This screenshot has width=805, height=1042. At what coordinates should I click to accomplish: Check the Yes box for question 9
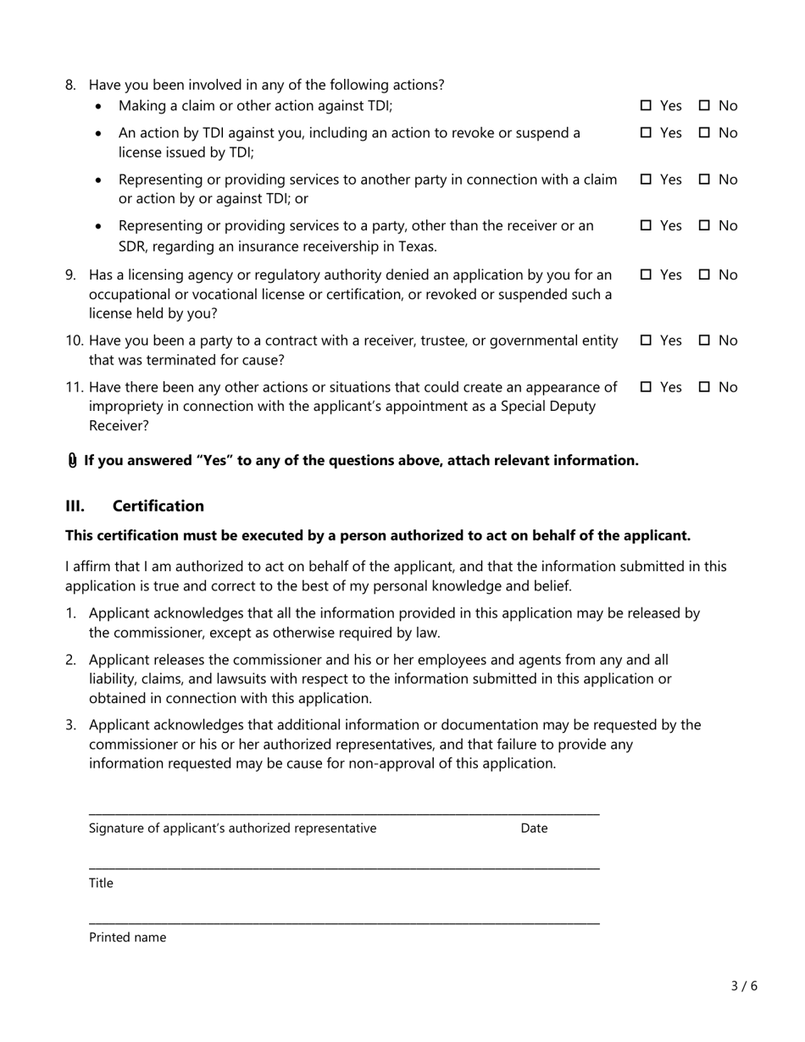[x=646, y=274]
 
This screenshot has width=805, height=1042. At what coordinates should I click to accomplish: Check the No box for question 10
[x=704, y=341]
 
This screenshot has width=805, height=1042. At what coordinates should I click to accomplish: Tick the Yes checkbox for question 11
[x=646, y=387]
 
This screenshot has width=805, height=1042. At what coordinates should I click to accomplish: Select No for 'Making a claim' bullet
[x=704, y=106]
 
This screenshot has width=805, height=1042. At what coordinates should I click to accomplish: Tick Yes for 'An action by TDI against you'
[x=646, y=132]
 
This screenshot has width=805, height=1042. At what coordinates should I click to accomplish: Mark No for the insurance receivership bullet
[x=704, y=225]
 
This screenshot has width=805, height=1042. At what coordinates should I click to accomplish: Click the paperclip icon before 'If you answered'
[x=72, y=460]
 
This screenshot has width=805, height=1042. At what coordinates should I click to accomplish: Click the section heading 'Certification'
[x=158, y=506]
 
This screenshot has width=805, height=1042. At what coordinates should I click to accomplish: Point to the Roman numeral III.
[x=75, y=506]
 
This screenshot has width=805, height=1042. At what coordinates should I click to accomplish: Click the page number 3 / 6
[x=744, y=985]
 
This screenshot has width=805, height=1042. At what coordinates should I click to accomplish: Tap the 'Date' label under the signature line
[x=534, y=829]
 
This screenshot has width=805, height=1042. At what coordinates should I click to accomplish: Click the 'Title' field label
[x=101, y=883]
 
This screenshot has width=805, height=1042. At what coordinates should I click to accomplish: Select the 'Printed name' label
[x=127, y=937]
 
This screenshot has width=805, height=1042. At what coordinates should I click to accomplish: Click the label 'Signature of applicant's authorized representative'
[x=232, y=829]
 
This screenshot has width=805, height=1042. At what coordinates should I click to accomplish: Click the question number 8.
[x=71, y=85]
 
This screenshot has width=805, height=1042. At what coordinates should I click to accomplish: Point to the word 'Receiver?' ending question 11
[x=119, y=426]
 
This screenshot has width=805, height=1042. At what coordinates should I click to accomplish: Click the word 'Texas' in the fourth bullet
[x=416, y=247]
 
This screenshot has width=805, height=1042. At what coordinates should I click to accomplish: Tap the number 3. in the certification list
[x=71, y=724]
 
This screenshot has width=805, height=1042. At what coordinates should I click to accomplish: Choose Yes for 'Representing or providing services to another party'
[x=646, y=179]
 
